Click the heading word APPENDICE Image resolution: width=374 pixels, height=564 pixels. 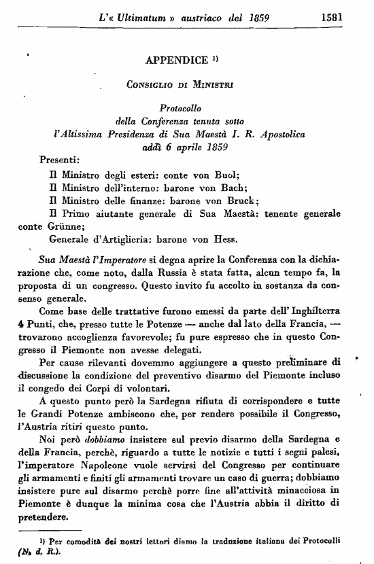pos(176,60)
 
